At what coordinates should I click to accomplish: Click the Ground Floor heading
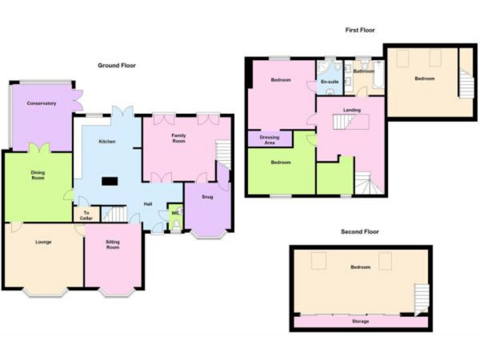pos(117,65)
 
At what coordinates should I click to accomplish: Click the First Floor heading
pos(360,30)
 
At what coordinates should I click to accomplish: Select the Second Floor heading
pos(359,232)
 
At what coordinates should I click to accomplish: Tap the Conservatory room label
pos(41,103)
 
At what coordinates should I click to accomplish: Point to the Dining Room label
pos(39,175)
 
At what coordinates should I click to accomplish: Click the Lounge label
pos(43,242)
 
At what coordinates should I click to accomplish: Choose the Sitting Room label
pos(113,244)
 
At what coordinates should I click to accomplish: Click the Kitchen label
pos(107,142)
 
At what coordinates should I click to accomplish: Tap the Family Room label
pos(179,138)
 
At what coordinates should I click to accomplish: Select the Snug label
pos(207,196)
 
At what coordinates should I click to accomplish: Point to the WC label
pos(175,212)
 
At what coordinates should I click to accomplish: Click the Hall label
pos(148,204)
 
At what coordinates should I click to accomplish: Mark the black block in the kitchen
pos(111,181)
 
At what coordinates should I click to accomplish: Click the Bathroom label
pos(364,71)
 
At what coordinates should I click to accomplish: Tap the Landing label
pos(352,110)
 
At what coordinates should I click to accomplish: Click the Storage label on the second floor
pos(359,321)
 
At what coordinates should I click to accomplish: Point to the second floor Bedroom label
pos(360,267)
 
